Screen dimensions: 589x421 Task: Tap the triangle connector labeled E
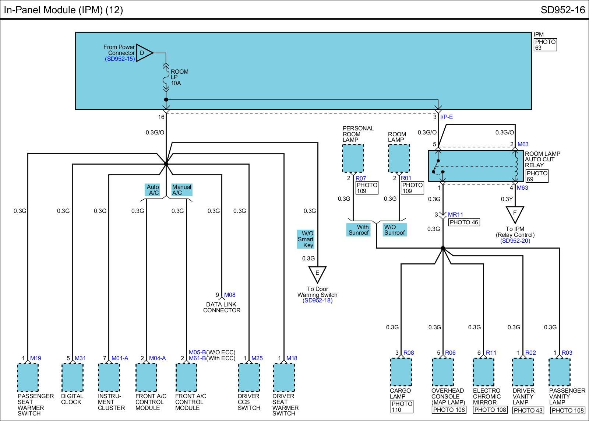pos(317,274)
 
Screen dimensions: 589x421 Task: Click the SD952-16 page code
pos(562,10)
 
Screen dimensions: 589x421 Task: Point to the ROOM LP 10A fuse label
pos(179,77)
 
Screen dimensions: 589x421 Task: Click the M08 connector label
pos(230,295)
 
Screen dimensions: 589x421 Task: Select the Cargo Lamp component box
pos(401,372)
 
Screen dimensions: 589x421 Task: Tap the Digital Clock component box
pos(73,377)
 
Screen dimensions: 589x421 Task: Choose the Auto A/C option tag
pos(152,190)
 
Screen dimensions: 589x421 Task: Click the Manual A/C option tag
pos(182,190)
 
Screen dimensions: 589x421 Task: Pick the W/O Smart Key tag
pos(306,239)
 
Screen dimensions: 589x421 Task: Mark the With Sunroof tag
pos(359,230)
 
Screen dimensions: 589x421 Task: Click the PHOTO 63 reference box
pos(545,45)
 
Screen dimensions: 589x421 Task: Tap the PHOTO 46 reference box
pos(464,222)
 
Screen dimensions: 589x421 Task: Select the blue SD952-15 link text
pos(120,59)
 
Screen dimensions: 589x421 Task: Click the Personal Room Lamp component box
pos(353,158)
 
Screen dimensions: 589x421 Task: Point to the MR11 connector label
pos(455,214)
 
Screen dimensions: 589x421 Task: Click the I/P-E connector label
pos(447,117)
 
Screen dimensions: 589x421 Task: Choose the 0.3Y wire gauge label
pos(507,199)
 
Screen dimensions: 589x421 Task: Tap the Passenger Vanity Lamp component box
pos(560,372)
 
